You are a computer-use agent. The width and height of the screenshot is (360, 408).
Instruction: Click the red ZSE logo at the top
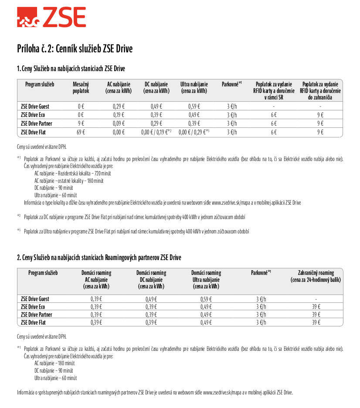pos(51,18)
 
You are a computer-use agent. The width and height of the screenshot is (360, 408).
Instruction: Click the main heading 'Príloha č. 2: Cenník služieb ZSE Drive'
pos(75,48)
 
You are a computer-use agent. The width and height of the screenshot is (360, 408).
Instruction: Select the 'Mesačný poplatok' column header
pos(81,88)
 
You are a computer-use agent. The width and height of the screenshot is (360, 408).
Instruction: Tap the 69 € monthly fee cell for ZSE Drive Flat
pos(81,131)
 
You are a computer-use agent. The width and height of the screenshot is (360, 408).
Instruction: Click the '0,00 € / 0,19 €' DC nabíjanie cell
pos(156,131)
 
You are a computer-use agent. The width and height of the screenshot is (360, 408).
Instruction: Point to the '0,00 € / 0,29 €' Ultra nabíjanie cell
pos(194,131)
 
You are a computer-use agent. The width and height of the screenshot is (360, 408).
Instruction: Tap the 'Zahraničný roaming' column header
pos(316,276)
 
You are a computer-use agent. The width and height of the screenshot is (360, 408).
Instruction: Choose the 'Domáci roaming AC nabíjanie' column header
pos(96,280)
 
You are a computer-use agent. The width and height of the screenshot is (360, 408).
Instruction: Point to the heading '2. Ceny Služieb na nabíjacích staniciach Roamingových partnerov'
pos(99,257)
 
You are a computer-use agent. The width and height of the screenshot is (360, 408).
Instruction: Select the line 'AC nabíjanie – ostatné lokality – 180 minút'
pos(69,181)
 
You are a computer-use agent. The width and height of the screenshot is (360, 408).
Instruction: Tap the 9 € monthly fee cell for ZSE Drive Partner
pos(81,123)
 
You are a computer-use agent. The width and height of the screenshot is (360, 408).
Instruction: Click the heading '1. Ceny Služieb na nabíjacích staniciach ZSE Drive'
pos(71,69)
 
